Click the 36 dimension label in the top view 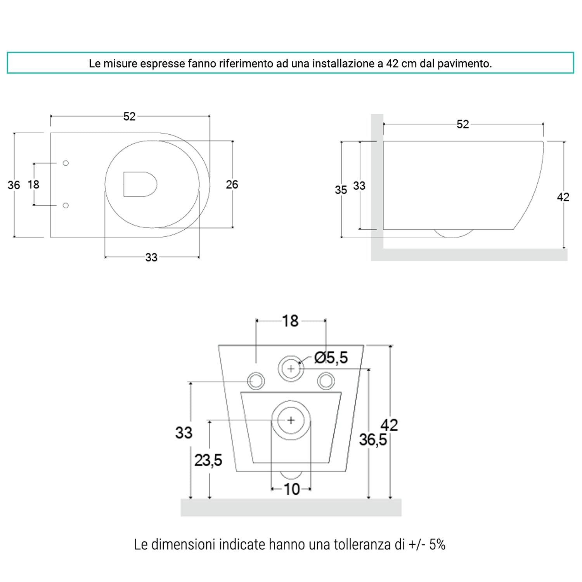pyautogui.click(x=14, y=185)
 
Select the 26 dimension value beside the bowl pyautogui.click(x=232, y=185)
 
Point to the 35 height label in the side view pyautogui.click(x=341, y=190)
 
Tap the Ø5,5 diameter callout pyautogui.click(x=331, y=358)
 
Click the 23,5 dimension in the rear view pyautogui.click(x=208, y=461)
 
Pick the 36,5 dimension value pyautogui.click(x=372, y=440)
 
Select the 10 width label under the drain pyautogui.click(x=291, y=489)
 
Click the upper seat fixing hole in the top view pyautogui.click(x=66, y=163)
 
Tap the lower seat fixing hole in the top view pyautogui.click(x=66, y=205)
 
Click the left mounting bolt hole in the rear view pyautogui.click(x=256, y=381)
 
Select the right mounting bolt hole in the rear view pyautogui.click(x=326, y=381)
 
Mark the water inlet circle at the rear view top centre pyautogui.click(x=291, y=368)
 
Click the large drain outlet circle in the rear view pyautogui.click(x=291, y=420)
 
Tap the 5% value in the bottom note pyautogui.click(x=437, y=545)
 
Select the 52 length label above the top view pyautogui.click(x=130, y=116)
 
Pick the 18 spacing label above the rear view pyautogui.click(x=290, y=321)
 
